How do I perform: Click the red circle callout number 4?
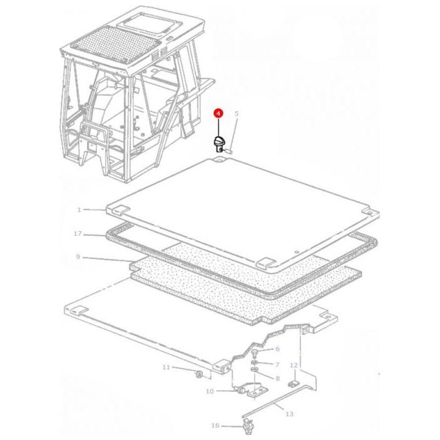click(x=218, y=113)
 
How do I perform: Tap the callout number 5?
click(x=236, y=113)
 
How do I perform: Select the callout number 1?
click(x=79, y=209)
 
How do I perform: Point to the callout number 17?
click(x=78, y=233)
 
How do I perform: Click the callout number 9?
click(x=78, y=256)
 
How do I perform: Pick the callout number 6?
click(x=277, y=349)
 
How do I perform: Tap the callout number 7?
click(x=277, y=364)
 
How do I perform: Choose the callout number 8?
click(x=278, y=378)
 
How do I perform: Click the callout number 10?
click(x=210, y=391)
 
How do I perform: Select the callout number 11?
click(x=166, y=367)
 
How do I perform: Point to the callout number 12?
click(x=294, y=365)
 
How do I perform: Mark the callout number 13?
click(x=289, y=414)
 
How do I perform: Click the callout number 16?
click(x=215, y=426)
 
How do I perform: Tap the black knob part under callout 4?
click(x=219, y=144)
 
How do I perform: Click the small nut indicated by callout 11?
click(x=199, y=374)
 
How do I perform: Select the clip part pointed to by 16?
click(x=247, y=426)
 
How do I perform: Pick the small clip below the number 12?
click(x=293, y=383)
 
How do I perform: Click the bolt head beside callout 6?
click(x=255, y=353)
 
